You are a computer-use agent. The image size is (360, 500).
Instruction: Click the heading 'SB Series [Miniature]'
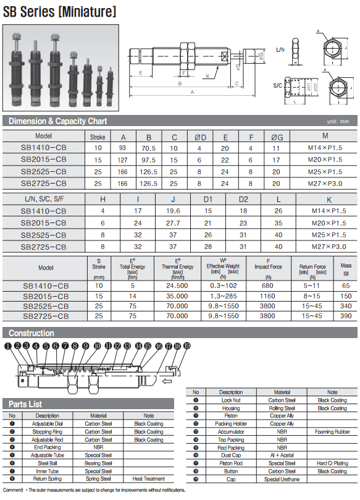(59, 12)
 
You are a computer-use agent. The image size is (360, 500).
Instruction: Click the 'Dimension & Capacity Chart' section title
(57, 121)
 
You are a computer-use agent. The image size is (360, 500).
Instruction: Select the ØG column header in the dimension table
(277, 137)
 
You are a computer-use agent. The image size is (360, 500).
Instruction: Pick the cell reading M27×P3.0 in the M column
(325, 184)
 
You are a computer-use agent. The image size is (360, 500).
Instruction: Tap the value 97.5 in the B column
(148, 159)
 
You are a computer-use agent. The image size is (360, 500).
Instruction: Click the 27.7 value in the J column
(173, 223)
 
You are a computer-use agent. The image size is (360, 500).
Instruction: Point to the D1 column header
(207, 199)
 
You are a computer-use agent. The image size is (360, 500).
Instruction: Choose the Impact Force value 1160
(267, 296)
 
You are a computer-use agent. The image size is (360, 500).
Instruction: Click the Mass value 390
(346, 316)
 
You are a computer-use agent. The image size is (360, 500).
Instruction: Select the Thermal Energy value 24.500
(177, 286)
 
